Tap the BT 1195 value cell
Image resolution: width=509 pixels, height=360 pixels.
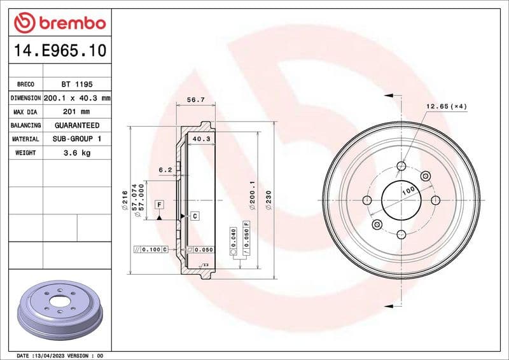click(x=76, y=84)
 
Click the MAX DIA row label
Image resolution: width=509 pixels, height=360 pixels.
click(x=25, y=112)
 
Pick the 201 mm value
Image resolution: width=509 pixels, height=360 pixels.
click(x=76, y=112)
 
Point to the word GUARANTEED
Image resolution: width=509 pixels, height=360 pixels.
click(x=76, y=125)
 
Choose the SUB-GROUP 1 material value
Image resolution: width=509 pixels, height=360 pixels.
click(x=76, y=139)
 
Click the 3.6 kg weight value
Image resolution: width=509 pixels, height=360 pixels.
click(x=76, y=153)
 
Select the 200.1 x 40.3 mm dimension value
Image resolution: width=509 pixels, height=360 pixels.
click(x=77, y=98)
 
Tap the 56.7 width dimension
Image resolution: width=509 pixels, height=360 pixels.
click(x=196, y=99)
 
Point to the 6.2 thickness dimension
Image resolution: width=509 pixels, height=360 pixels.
click(x=165, y=170)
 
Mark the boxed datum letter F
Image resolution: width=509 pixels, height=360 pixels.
click(x=159, y=204)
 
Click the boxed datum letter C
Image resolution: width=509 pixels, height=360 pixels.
click(x=195, y=216)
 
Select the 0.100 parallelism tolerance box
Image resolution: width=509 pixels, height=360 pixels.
click(x=151, y=249)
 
